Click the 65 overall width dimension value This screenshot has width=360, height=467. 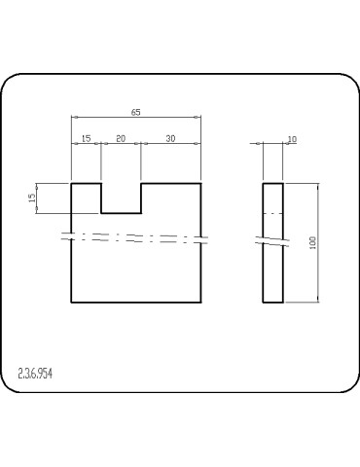pos(136,113)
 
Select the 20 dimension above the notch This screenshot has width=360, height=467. pos(121,139)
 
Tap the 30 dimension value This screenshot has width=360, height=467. pos(170,139)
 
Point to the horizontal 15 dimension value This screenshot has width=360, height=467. pos(86,139)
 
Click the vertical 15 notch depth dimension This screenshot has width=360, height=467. pos(32,198)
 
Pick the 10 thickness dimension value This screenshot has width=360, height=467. pos(291,139)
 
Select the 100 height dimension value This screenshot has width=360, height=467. pos(313,242)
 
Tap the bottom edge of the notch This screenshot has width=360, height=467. pos(122,212)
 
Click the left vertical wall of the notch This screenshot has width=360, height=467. pos(102,198)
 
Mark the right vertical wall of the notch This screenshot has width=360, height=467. pos(142,198)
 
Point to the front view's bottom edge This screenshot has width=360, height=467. pos(136,303)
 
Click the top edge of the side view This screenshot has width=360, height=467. pos(273,183)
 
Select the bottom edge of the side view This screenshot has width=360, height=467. pos(273,303)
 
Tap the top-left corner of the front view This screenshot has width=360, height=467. pos(72,183)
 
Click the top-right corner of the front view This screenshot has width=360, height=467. pos(201,183)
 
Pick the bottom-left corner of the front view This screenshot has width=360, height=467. pos(72,303)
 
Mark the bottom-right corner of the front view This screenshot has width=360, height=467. pos(201,303)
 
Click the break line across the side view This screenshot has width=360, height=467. pos(273,239)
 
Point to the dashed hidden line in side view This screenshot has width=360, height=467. pos(273,212)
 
